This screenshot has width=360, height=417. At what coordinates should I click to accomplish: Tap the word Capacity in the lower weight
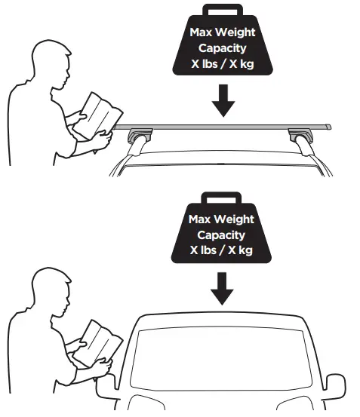(x=221, y=235)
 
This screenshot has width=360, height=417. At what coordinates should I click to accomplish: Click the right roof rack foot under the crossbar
(x=300, y=140)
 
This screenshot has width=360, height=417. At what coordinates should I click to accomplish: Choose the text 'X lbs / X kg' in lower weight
(x=221, y=250)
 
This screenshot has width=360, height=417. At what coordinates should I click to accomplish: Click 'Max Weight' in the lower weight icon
(x=221, y=219)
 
